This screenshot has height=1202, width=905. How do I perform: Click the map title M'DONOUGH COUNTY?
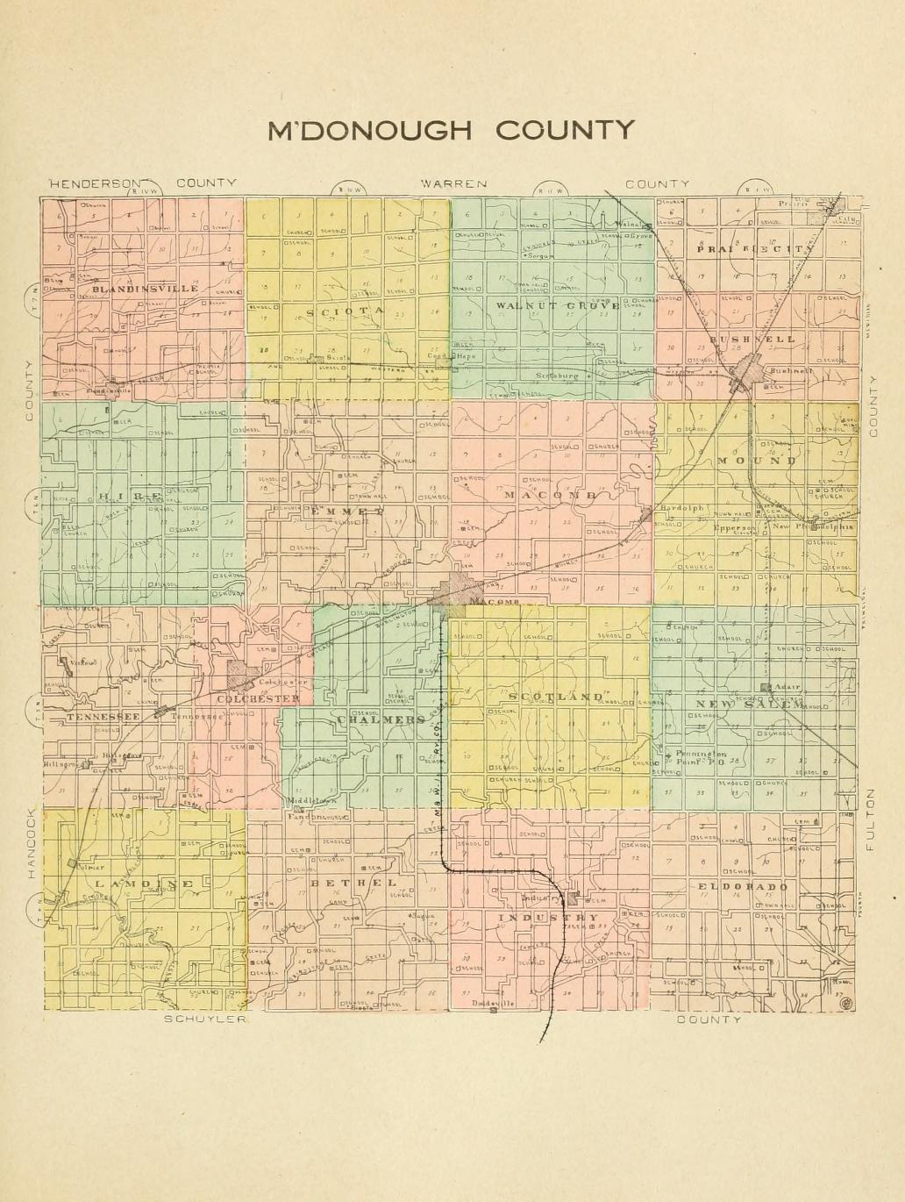[451, 130]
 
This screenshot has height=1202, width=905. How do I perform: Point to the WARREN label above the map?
[452, 183]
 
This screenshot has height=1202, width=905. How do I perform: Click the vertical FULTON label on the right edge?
[871, 819]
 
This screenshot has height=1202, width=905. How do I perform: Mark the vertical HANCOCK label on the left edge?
[30, 842]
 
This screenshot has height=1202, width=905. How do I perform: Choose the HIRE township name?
[128, 497]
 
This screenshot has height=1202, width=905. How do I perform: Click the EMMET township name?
[346, 510]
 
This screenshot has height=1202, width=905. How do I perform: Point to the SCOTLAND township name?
[555, 697]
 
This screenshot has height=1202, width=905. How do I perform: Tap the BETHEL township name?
[353, 882]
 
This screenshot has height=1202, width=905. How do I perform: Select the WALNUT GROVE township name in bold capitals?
[557, 305]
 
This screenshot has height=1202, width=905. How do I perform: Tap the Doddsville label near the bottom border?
[494, 1003]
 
